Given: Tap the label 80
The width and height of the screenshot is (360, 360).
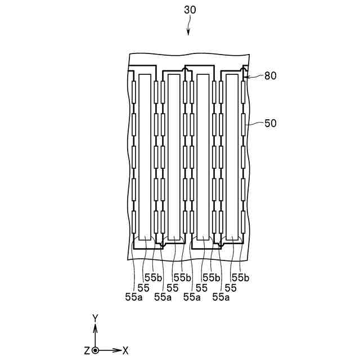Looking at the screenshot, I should (270, 75).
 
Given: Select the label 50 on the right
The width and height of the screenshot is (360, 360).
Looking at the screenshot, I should (270, 122).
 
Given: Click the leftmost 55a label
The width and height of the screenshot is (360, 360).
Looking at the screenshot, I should (133, 297).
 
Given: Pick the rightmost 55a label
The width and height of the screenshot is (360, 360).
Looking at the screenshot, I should (221, 297).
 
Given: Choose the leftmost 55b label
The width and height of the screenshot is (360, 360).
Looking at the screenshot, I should (153, 277).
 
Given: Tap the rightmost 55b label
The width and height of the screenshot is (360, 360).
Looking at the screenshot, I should (241, 277).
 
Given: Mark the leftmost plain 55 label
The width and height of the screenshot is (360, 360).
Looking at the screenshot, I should (143, 287).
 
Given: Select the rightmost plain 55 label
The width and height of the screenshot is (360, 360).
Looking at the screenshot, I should (231, 287).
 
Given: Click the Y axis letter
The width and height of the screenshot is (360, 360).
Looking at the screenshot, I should (95, 318).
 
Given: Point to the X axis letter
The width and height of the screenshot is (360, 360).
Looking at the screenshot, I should (125, 350).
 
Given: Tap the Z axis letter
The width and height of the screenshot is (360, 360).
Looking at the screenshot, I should (87, 350).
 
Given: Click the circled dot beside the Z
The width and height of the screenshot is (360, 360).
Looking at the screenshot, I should (95, 350).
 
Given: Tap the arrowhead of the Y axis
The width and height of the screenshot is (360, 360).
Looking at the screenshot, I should (95, 327).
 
